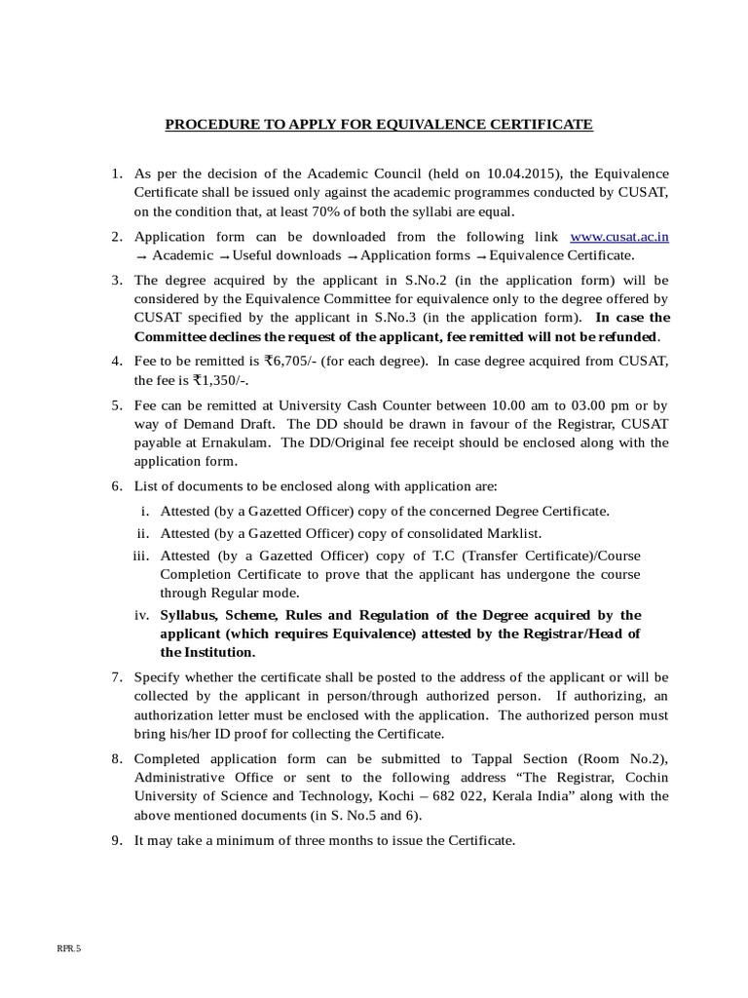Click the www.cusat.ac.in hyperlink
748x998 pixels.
pos(618,236)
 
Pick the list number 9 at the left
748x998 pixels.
pos(115,839)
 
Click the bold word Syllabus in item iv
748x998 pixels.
pos(189,615)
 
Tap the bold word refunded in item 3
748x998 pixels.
pos(624,336)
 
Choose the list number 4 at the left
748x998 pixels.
pos(115,361)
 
